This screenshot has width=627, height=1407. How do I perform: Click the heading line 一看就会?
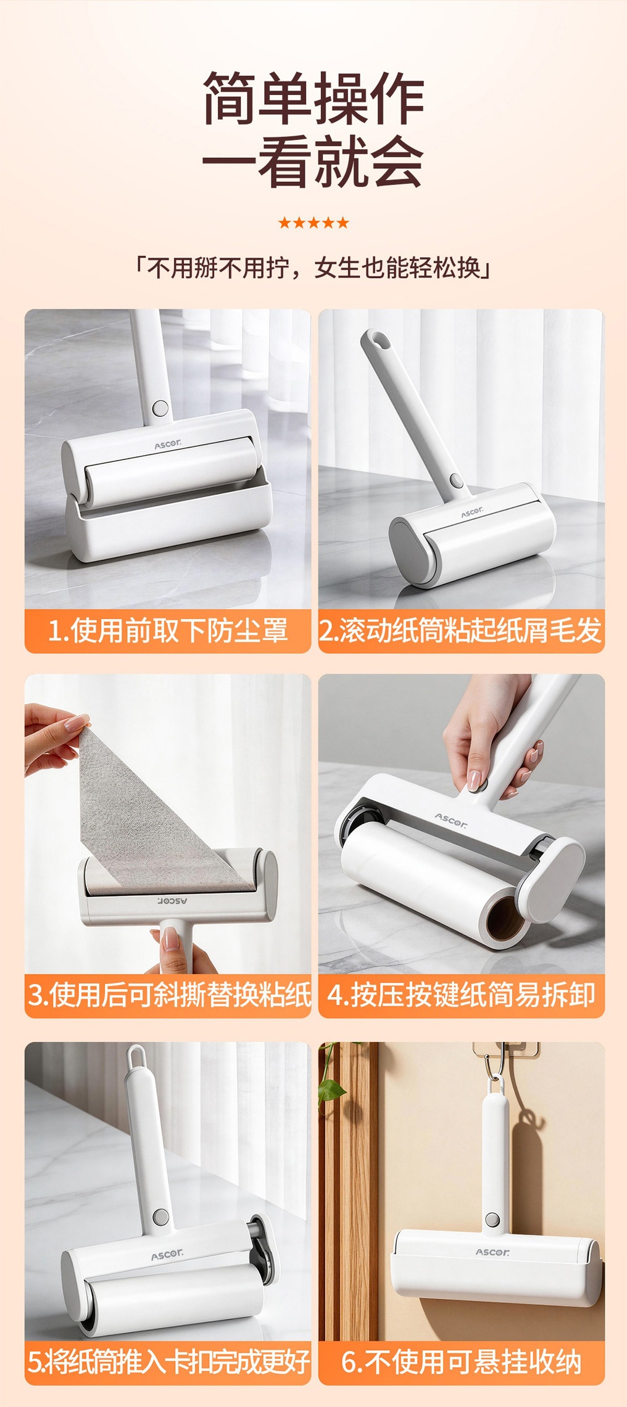click(313, 162)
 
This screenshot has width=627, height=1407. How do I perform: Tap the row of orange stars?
click(313, 223)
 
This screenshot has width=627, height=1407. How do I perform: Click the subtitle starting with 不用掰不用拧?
click(313, 268)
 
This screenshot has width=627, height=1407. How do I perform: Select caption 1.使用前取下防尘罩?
click(168, 631)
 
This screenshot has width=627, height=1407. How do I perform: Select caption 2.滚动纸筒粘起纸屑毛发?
click(461, 631)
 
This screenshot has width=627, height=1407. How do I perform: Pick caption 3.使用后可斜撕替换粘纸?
click(168, 995)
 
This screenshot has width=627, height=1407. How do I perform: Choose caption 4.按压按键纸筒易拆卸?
click(462, 995)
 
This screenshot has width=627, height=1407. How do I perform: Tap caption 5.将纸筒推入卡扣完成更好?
click(168, 1362)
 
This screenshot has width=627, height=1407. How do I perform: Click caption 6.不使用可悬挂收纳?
click(462, 1362)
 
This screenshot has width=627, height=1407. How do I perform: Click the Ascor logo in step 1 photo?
click(168, 444)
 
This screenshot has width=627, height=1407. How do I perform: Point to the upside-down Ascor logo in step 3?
click(172, 901)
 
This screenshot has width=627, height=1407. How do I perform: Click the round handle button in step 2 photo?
click(457, 480)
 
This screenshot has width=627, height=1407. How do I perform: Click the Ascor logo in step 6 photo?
click(492, 1252)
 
